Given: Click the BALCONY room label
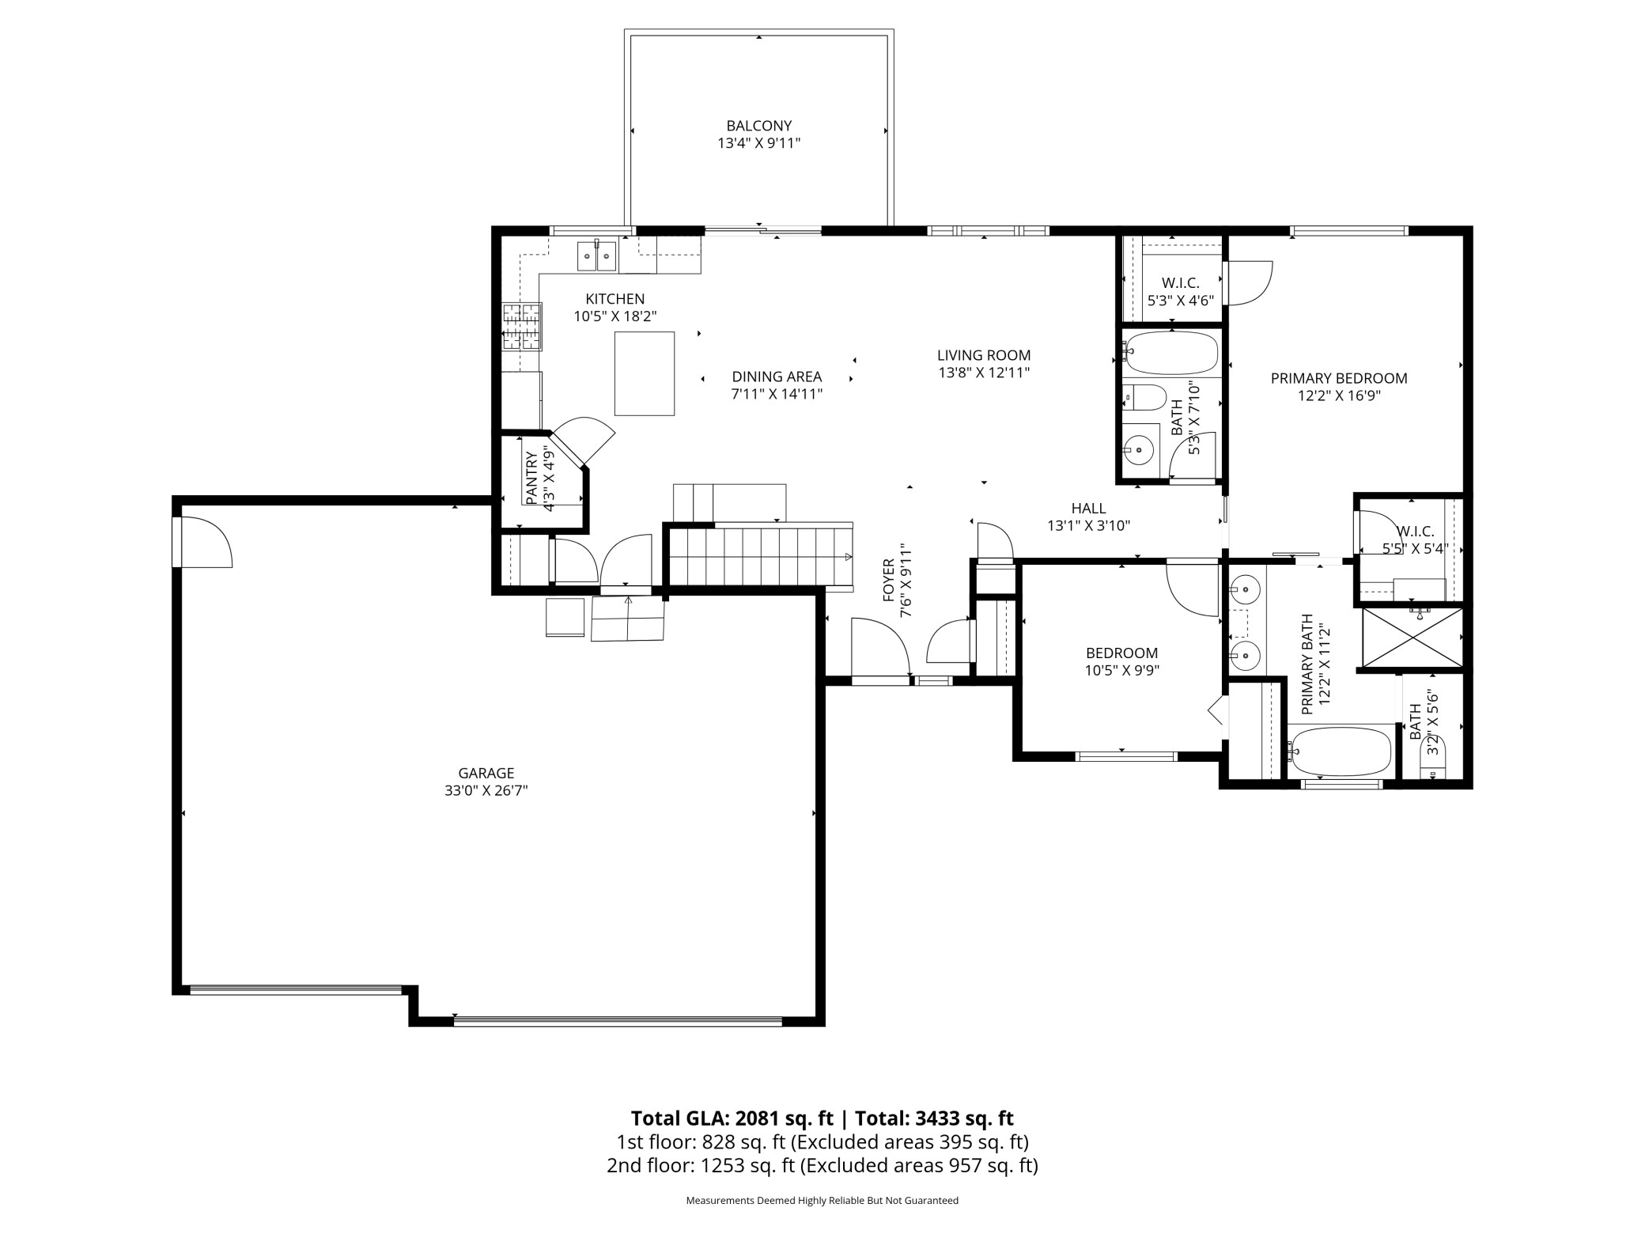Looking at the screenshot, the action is [x=759, y=126].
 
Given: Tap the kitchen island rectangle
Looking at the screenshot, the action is [x=645, y=373].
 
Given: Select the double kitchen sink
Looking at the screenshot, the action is [x=597, y=255].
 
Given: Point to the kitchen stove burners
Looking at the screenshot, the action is [x=522, y=327].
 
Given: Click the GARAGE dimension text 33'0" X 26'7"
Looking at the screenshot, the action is [x=486, y=790].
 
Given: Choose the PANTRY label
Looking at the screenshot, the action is [x=531, y=478].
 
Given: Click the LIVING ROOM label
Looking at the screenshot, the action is [x=984, y=355].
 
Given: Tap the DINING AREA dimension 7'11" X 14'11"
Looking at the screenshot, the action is [x=777, y=394].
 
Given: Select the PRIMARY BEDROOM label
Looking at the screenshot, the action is [x=1339, y=378].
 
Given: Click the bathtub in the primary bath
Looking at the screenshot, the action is [x=1339, y=751].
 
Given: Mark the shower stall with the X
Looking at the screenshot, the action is [x=1409, y=637].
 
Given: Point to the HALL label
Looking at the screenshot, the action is [x=1088, y=508].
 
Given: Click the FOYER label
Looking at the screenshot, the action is [x=888, y=580].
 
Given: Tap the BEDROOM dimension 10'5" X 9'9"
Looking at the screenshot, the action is [x=1121, y=671].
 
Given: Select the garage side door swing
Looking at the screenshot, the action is [x=202, y=542].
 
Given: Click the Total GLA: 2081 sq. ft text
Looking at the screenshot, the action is [x=732, y=1119].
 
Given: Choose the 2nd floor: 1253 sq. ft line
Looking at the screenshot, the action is [x=822, y=1165].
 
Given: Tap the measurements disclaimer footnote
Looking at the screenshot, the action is [x=822, y=1200].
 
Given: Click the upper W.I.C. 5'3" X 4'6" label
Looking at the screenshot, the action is [x=1180, y=291].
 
